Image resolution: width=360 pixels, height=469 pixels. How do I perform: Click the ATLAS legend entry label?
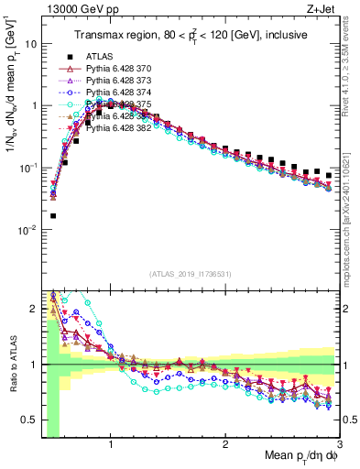(99, 57)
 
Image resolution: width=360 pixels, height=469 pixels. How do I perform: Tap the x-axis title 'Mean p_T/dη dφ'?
(292, 455)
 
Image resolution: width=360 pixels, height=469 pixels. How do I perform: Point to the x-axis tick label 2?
(225, 442)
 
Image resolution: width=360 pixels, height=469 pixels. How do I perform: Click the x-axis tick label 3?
(339, 442)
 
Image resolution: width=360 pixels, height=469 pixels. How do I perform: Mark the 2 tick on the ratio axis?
(33, 308)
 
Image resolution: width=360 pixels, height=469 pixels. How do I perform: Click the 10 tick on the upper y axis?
(30, 43)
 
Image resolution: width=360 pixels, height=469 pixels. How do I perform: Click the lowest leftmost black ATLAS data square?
(52, 216)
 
